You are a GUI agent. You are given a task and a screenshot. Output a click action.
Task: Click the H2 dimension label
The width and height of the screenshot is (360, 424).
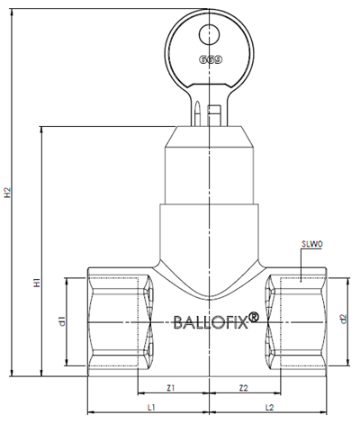coord(7,193)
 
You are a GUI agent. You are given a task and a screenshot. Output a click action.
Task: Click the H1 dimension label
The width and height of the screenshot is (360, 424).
coord(37,283)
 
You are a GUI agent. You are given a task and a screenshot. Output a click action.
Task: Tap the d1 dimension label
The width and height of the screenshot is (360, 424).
coord(61,321)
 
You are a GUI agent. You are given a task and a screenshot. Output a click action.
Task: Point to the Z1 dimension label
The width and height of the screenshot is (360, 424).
coord(170,388)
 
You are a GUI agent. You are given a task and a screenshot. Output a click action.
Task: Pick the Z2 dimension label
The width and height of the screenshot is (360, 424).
coord(244,388)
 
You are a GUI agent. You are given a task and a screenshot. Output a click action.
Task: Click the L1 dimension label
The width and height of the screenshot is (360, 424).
coord(151,407)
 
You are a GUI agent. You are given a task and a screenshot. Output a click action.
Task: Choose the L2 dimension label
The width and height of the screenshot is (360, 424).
coord(269,407)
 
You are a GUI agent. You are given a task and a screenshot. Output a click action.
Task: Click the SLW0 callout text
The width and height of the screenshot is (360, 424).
coord(312,244)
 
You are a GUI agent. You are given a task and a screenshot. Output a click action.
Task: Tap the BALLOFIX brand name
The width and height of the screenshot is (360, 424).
coord(211,322)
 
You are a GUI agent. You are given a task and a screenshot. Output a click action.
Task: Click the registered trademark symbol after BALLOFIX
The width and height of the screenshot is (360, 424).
coord(254,317)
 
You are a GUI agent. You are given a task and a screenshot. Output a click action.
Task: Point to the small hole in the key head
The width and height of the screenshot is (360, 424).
coord(210,34)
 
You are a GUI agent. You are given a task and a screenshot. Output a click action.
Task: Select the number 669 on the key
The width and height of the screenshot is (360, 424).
coord(211,59)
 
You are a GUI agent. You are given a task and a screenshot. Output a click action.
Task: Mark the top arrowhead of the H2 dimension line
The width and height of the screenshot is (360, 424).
coord(12,13)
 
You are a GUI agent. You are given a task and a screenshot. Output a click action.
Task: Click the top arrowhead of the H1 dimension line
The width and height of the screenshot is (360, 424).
coord(41,131)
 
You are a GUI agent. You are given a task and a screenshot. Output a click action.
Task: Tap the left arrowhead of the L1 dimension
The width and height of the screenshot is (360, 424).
coord(92,412)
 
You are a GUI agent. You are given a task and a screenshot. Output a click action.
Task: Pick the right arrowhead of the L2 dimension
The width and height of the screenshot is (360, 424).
coord(323,412)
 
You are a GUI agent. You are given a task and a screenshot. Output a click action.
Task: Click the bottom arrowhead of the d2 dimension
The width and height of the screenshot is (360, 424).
coord(348,362)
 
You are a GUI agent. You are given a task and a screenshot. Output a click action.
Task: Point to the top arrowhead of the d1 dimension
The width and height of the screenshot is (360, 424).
coord(67,283)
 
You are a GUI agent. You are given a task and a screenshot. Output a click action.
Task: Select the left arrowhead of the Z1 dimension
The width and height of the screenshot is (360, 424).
coord(141,392)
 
